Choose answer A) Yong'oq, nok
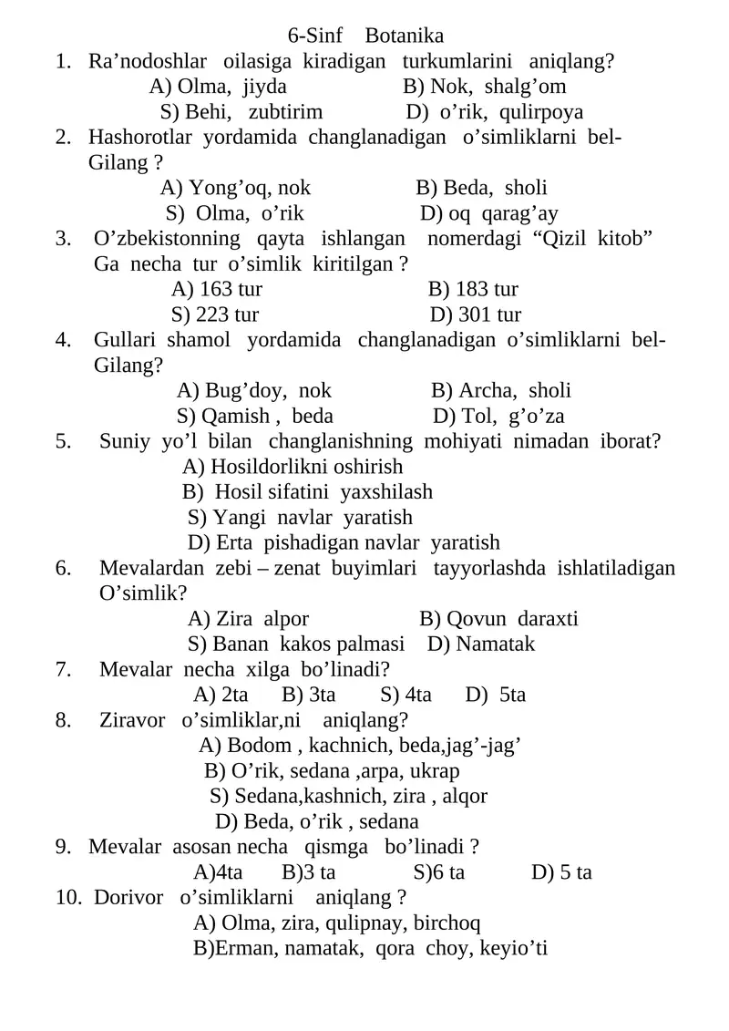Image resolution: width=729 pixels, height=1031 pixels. click(235, 189)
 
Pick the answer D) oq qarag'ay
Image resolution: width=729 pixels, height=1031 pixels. click(489, 214)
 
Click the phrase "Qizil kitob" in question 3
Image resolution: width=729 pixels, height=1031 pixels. click(590, 240)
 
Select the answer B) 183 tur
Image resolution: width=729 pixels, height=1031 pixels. click(472, 290)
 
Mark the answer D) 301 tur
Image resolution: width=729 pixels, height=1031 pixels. click(475, 315)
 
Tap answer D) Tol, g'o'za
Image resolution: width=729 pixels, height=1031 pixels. click(498, 417)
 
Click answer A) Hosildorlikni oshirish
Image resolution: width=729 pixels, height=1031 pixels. click(293, 468)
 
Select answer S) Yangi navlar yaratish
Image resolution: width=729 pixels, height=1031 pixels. click(300, 518)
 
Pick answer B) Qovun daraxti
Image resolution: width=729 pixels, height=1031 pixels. click(498, 620)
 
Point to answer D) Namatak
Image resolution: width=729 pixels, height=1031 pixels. click(481, 644)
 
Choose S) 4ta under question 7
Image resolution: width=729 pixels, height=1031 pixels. click(406, 695)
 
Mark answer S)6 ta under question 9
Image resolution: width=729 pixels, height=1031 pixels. click(438, 872)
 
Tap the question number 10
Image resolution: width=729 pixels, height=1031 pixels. click(67, 898)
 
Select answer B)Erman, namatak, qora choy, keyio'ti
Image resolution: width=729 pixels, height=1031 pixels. click(369, 949)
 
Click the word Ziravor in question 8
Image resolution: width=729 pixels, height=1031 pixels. click(132, 720)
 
